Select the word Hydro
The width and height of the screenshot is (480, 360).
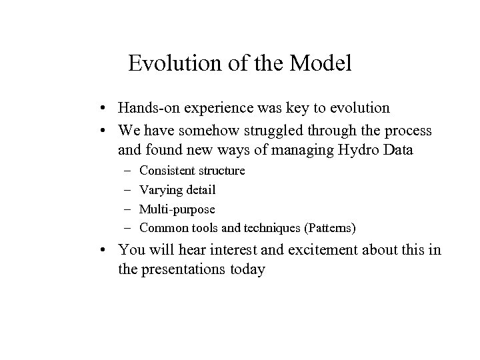click(355, 150)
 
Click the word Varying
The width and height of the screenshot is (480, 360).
click(160, 190)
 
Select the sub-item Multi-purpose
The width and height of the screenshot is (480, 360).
click(177, 209)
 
